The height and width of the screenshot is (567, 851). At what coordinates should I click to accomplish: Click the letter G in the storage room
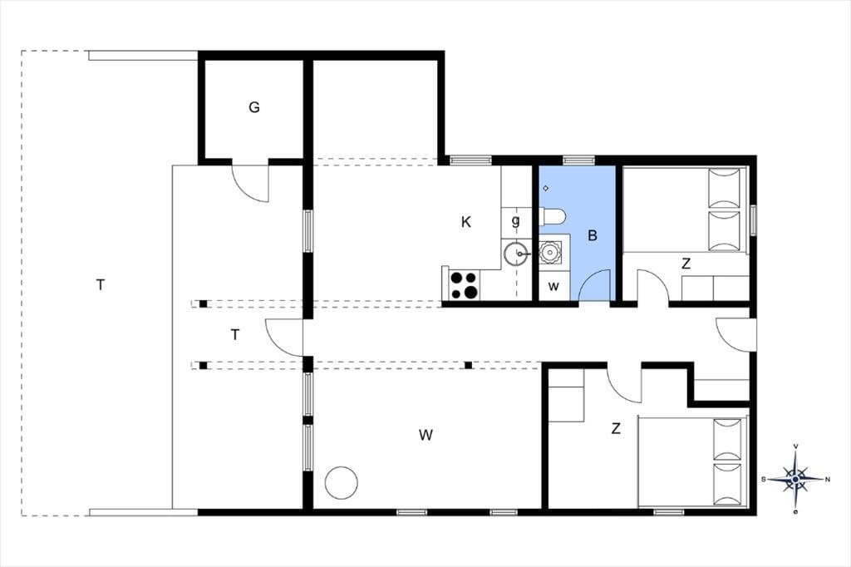[254, 107]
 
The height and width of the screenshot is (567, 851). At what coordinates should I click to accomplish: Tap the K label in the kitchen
[465, 222]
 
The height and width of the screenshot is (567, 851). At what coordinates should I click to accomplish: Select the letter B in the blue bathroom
[593, 235]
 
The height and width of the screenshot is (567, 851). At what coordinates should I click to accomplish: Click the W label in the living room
[426, 435]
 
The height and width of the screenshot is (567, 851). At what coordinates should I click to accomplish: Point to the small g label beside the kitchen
[515, 220]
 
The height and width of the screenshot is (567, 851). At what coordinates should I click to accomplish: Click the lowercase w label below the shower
[553, 286]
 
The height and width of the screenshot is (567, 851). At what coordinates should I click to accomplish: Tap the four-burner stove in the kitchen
[464, 285]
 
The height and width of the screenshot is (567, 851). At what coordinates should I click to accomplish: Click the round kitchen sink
[516, 254]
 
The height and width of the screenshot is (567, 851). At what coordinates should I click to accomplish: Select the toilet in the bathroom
[553, 216]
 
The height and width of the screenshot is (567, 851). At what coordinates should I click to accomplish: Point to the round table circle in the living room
[342, 483]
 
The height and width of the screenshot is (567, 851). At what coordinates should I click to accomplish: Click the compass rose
[795, 479]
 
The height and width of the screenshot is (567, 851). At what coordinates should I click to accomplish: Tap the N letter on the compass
[828, 479]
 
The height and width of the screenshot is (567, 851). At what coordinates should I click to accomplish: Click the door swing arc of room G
[250, 182]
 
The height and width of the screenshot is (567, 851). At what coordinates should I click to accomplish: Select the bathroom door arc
[595, 284]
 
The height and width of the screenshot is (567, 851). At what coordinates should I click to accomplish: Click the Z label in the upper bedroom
[686, 264]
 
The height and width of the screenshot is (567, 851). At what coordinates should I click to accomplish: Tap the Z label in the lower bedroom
[616, 429]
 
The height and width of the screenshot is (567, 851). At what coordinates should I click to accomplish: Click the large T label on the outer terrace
[100, 284]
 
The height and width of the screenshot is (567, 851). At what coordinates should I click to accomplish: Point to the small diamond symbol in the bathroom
[546, 189]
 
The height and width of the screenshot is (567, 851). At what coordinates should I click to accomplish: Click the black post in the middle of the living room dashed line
[469, 365]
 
